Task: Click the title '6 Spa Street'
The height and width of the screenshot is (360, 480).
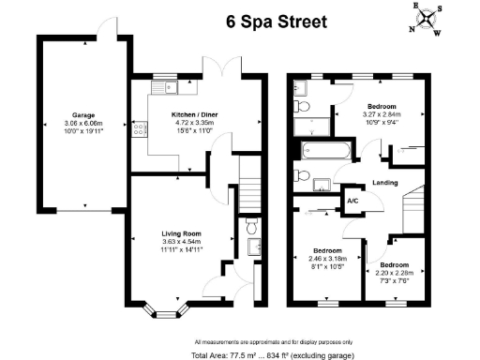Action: (x=276, y=21)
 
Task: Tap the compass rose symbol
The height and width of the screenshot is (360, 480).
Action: (x=428, y=18)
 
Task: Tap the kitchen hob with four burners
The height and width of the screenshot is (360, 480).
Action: (x=139, y=130)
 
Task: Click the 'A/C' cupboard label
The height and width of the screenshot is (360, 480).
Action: (x=352, y=199)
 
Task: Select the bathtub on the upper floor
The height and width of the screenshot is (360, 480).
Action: (x=322, y=149)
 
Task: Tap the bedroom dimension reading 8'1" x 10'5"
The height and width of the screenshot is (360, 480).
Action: (x=327, y=267)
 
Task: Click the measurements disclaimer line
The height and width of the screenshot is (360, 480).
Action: (x=274, y=340)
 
